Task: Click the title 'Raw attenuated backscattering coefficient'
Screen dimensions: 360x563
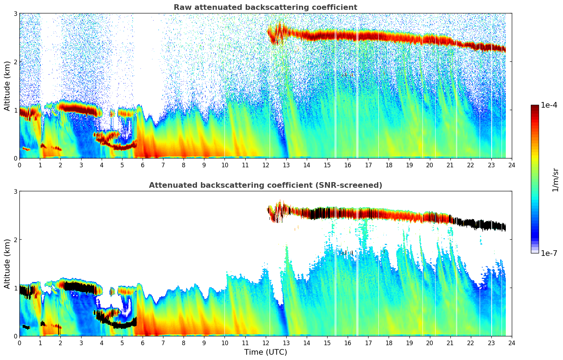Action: [x=265, y=7]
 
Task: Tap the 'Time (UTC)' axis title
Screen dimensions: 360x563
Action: [x=265, y=352]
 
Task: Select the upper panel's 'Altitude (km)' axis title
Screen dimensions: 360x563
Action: [x=7, y=86]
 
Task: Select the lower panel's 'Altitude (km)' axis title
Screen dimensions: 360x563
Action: [x=7, y=264]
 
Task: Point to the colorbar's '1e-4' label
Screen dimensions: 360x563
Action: [x=549, y=105]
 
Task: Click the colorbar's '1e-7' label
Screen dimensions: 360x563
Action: [x=549, y=253]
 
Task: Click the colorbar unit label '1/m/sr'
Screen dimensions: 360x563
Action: [x=555, y=179]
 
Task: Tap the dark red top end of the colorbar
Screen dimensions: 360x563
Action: [x=535, y=107]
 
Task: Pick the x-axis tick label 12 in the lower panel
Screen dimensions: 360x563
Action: [x=266, y=343]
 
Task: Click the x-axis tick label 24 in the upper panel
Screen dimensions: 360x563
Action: [x=512, y=165]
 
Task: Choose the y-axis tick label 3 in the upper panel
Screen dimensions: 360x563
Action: [x=15, y=13]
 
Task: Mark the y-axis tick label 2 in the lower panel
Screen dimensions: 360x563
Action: [x=15, y=240]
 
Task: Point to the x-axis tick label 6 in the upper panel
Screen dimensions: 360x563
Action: [x=143, y=165]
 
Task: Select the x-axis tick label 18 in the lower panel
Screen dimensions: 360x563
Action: [x=389, y=343]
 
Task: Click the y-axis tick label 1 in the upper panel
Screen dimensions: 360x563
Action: [x=15, y=110]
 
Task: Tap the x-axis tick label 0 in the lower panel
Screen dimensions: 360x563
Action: [x=19, y=343]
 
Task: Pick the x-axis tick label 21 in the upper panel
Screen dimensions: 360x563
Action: [x=450, y=165]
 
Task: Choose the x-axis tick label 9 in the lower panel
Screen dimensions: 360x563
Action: [x=204, y=343]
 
